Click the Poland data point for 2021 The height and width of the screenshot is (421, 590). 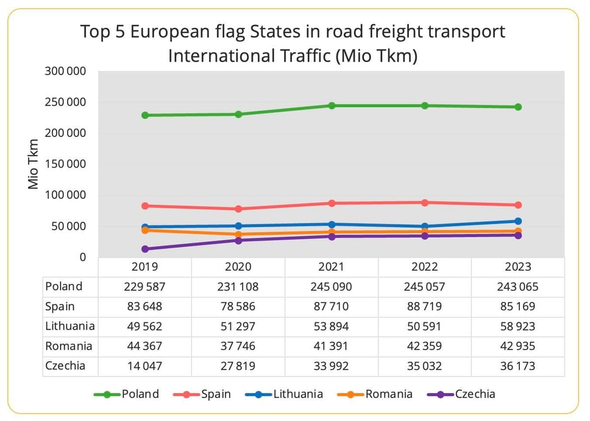tap(332, 105)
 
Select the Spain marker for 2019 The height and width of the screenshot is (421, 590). tap(145, 206)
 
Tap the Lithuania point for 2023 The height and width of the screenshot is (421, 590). tap(518, 221)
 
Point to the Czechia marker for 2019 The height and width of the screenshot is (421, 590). tap(145, 249)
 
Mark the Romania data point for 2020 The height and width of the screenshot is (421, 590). tap(238, 235)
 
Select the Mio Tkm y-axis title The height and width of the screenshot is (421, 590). tap(34, 165)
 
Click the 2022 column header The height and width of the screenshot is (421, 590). tap(425, 267)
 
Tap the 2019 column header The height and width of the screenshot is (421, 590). tap(145, 267)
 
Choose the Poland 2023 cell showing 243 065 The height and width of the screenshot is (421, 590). tap(518, 287)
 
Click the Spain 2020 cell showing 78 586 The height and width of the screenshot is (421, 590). tap(238, 306)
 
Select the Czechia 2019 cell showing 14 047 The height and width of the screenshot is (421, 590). tap(145, 366)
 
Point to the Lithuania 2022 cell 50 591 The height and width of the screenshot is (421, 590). tap(425, 327)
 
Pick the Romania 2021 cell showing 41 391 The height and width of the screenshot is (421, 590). tap(332, 346)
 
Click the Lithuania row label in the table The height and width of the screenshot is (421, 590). tap(69, 327)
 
